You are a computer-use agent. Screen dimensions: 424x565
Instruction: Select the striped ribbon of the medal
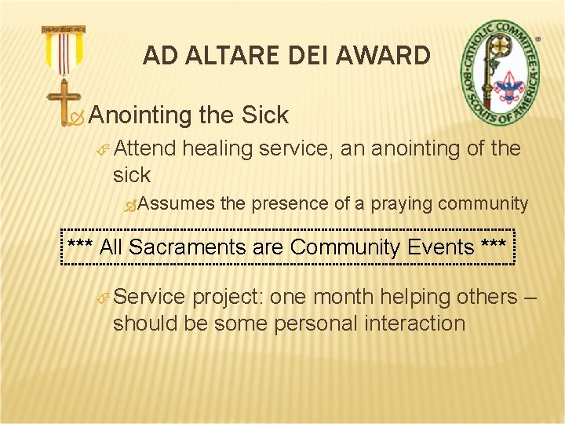click(x=64, y=52)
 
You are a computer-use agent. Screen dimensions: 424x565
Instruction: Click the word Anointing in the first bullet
click(x=141, y=115)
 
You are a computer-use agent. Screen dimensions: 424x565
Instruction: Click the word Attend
click(x=146, y=148)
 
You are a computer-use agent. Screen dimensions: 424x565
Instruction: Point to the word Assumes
click(x=179, y=204)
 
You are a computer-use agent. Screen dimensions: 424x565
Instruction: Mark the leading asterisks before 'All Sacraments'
click(x=81, y=247)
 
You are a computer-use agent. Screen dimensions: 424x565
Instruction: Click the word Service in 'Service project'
click(x=149, y=298)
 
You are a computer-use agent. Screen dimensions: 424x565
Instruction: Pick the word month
click(x=342, y=298)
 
